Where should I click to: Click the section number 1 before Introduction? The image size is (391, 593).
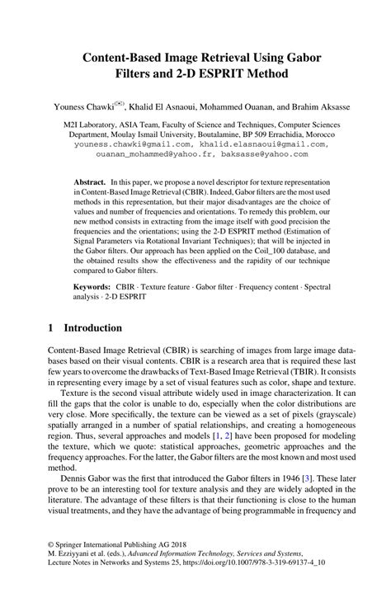pos(49,327)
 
